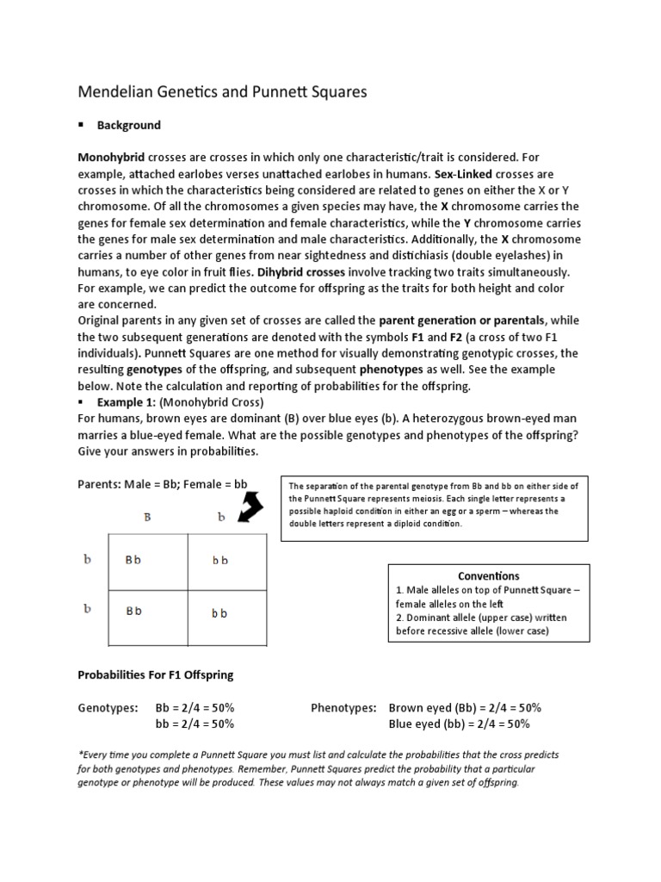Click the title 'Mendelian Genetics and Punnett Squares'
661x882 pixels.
pos(222,92)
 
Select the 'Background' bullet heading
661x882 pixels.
pos(128,125)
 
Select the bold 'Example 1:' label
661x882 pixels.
pos(114,402)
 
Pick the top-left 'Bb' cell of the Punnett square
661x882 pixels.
pos(133,560)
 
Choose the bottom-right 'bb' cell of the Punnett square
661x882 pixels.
pos(220,613)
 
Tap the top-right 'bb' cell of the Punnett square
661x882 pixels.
pos(220,561)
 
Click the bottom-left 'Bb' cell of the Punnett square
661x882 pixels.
pos(133,612)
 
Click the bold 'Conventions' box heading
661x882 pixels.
pos(488,575)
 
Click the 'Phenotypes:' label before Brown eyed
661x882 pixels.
pos(343,707)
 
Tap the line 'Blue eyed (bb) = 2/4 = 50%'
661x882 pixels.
pos(459,724)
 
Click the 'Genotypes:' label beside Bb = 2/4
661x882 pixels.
pos(108,707)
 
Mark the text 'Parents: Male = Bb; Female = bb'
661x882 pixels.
pos(163,483)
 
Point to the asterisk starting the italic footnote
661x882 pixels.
pos(80,753)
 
